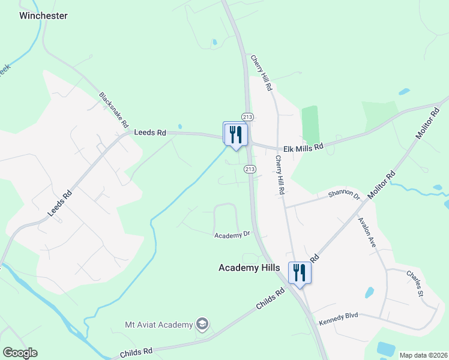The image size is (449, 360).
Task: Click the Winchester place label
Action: [43, 16]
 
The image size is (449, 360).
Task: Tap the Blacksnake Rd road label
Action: [114, 111]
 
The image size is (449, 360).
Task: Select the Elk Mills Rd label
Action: [304, 146]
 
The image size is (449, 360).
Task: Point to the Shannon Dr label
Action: [343, 196]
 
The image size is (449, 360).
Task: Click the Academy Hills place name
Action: [249, 268]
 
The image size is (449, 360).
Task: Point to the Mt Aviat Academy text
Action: [159, 325]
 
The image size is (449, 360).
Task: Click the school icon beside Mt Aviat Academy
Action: [202, 325]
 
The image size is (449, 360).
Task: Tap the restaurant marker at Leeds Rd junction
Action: [235, 134]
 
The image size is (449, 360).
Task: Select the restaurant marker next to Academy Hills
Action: [300, 272]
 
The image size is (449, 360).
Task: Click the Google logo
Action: [20, 353]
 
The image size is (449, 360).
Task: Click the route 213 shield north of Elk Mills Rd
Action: [247, 116]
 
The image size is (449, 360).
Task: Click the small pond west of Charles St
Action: [369, 293]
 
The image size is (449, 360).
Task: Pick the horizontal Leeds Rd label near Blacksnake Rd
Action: [149, 132]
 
